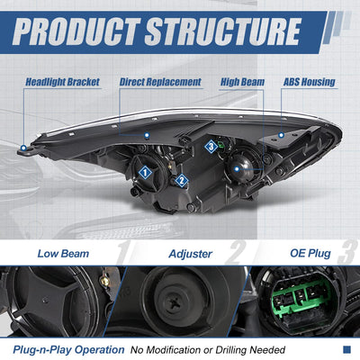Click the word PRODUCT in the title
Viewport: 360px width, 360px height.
tap(77, 31)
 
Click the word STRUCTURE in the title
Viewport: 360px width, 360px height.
tap(222, 31)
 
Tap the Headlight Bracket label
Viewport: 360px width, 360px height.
tap(62, 82)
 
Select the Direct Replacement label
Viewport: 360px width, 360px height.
tap(160, 82)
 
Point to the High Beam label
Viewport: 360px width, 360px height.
tap(242, 82)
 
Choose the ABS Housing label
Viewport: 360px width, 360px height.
tap(310, 82)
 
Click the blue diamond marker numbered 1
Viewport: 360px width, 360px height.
tap(145, 173)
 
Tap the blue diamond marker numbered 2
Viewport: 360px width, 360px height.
tap(182, 181)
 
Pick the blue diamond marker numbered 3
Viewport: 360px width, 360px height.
tap(211, 147)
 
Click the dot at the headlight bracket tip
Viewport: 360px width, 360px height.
tap(23, 148)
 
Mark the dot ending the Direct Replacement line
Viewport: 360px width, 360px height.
tap(147, 135)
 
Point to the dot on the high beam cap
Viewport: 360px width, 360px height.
tap(237, 169)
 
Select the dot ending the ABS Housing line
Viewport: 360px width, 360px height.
tap(281, 135)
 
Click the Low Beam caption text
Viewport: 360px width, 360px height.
tap(63, 254)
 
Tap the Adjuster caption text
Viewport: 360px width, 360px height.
tap(191, 254)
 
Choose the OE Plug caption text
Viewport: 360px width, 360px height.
tap(310, 253)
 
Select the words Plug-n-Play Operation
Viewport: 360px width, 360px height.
tap(68, 350)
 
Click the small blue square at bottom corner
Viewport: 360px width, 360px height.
tap(346, 349)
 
